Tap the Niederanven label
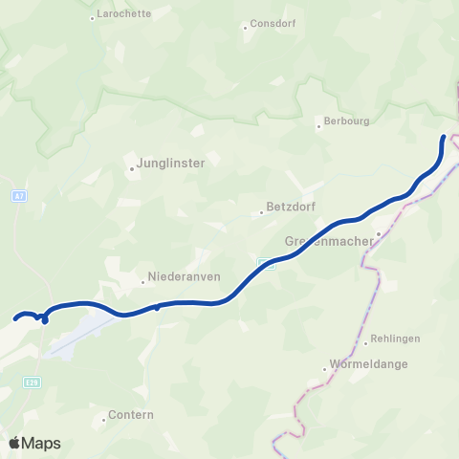pos(182,281)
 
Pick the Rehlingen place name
pos(395,339)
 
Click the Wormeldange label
pos(369,365)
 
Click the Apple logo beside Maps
pos(14,443)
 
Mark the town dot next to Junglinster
pos(133,169)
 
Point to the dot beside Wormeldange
pos(324,368)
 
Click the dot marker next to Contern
pos(104,419)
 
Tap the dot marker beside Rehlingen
pos(365,341)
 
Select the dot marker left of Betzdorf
pos(261,212)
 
